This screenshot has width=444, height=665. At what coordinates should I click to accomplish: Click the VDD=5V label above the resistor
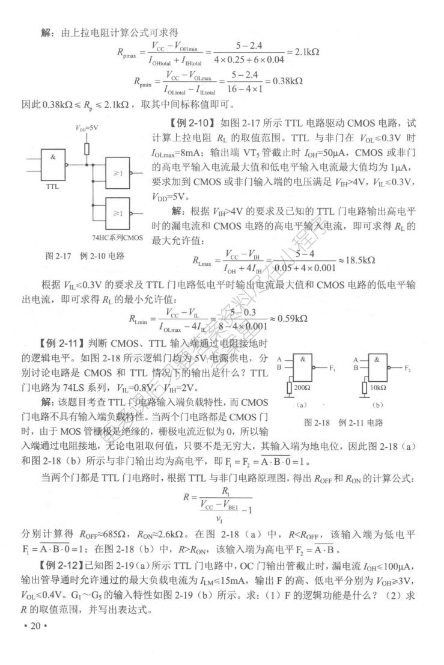click(87, 128)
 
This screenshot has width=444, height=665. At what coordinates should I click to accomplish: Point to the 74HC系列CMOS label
click(118, 237)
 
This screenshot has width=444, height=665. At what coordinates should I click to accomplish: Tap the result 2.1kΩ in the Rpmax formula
click(305, 52)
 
